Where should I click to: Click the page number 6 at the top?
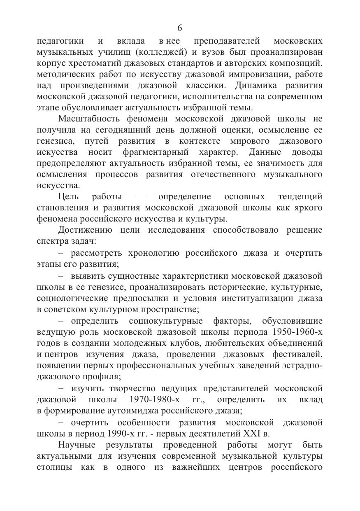180,28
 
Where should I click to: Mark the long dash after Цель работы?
140,197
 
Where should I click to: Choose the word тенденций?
300,196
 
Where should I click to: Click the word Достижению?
85,230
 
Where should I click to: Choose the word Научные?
77,445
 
